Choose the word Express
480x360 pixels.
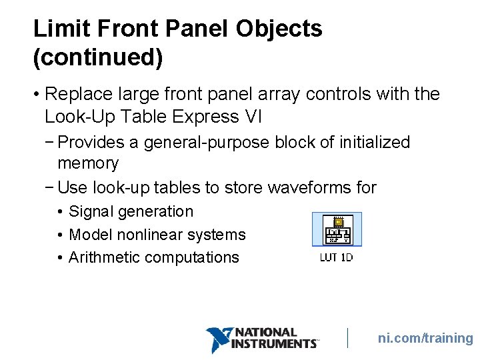(207, 117)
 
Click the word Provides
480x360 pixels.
(96, 142)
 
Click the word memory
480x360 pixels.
(88, 163)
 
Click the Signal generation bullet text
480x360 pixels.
(131, 212)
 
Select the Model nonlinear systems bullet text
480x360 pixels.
(157, 235)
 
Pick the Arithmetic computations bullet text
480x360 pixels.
(154, 257)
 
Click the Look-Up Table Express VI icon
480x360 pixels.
(337, 230)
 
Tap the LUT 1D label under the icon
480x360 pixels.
(337, 257)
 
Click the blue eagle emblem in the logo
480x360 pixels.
(218, 339)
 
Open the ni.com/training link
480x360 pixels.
(425, 339)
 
